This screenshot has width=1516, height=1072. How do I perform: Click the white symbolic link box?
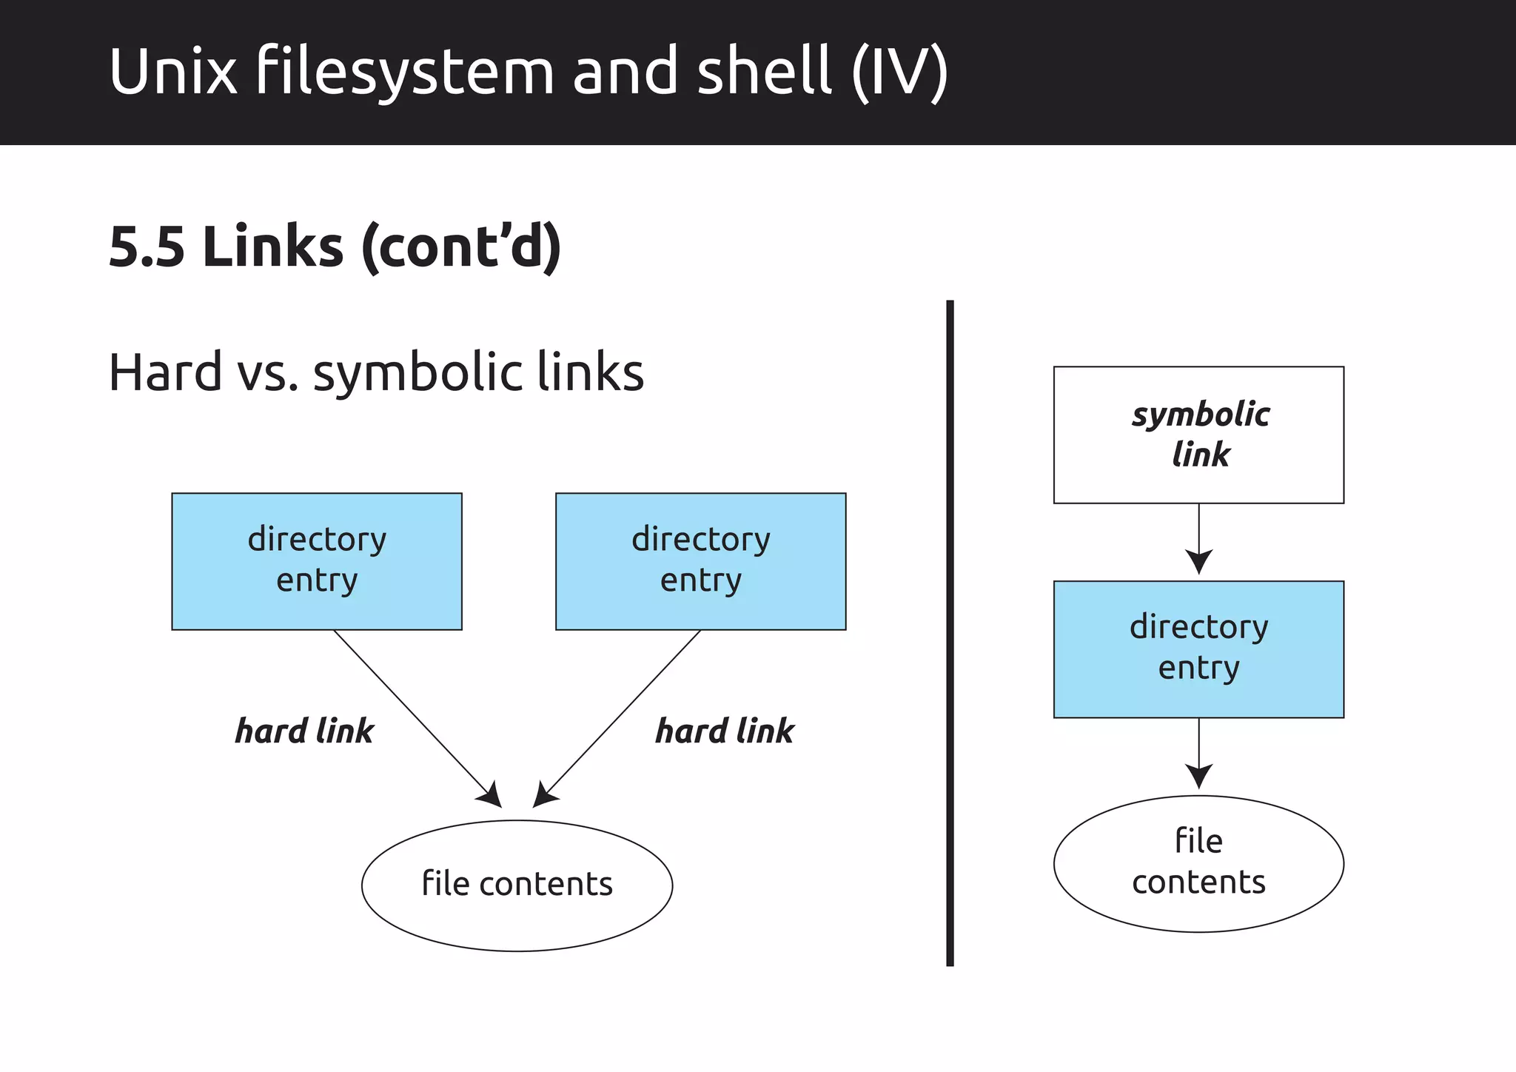(x=1198, y=435)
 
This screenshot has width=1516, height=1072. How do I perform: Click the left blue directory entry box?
(x=317, y=561)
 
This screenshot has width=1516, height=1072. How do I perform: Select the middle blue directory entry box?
(x=700, y=561)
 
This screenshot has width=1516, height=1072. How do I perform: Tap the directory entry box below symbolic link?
(x=1198, y=649)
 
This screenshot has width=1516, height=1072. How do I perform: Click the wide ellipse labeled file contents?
(x=517, y=885)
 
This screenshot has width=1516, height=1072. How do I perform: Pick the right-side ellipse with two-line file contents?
(x=1198, y=863)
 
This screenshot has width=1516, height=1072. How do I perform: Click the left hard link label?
(x=304, y=731)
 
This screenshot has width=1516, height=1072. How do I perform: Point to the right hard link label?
(x=724, y=731)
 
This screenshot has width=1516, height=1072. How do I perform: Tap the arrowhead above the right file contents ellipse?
(x=1198, y=777)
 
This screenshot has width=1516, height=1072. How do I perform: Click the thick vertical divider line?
(x=950, y=633)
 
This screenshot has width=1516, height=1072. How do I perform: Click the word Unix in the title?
(x=173, y=72)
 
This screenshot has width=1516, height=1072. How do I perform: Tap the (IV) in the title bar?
(x=899, y=72)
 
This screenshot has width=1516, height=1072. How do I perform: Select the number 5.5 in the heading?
(x=146, y=247)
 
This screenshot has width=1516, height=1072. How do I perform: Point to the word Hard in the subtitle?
(x=165, y=372)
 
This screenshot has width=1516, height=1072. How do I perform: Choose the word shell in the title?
(x=764, y=72)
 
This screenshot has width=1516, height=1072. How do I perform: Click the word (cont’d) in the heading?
(x=460, y=247)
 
